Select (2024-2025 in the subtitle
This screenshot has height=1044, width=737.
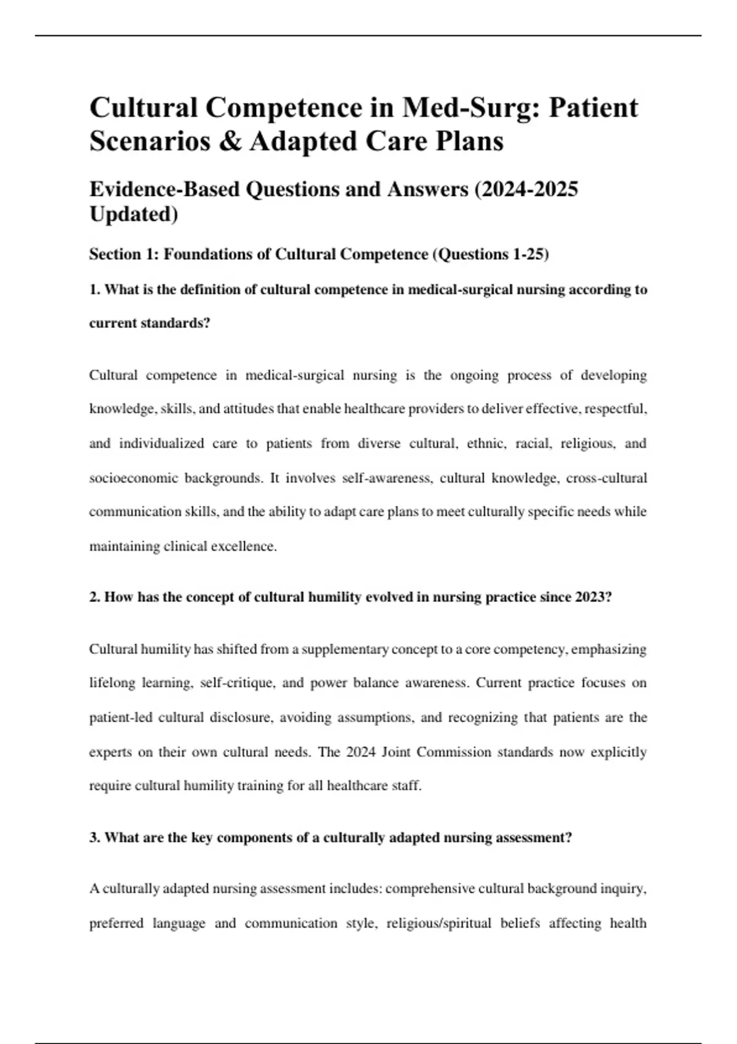[x=526, y=189]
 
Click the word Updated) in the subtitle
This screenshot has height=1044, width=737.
[x=133, y=214]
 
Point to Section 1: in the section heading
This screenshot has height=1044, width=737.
[x=123, y=254]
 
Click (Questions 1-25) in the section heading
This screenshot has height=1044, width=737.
[x=491, y=254]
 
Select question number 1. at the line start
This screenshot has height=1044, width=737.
[x=95, y=290]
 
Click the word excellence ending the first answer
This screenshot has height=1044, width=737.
[x=243, y=546]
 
